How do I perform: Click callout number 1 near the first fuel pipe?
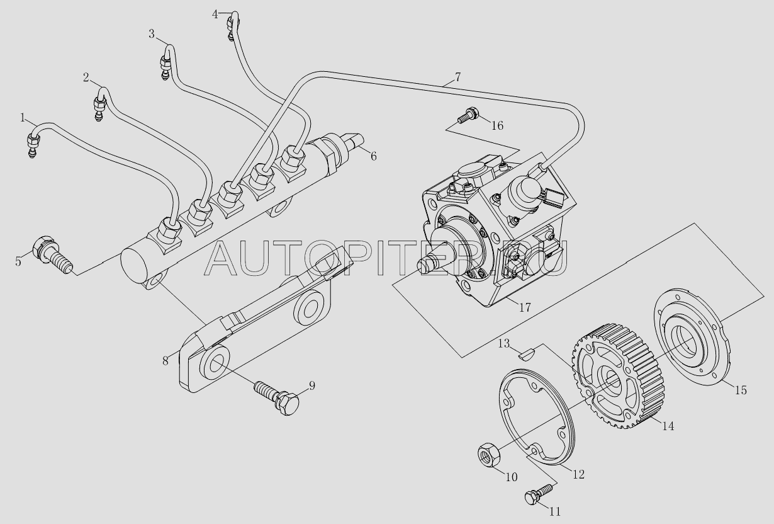[23, 118]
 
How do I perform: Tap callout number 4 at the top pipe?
[215, 14]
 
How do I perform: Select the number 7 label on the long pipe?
[457, 77]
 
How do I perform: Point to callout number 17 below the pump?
[525, 307]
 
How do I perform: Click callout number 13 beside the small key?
[504, 343]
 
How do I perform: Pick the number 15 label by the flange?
[741, 390]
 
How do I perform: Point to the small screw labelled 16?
[467, 115]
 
